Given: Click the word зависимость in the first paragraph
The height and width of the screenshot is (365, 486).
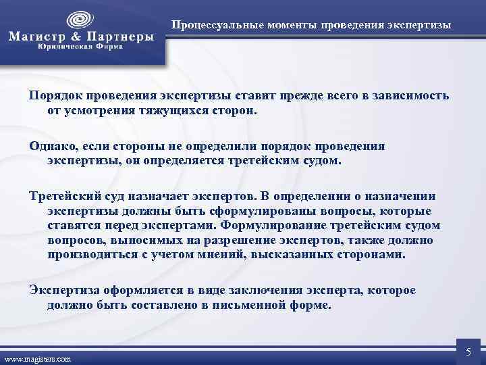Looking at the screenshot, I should tap(411, 96).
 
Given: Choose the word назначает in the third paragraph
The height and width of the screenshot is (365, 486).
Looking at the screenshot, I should tap(163, 197).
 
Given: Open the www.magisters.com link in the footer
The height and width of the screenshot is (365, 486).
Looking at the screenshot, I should tap(38, 358).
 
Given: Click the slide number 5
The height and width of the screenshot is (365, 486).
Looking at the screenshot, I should tap(468, 351).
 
